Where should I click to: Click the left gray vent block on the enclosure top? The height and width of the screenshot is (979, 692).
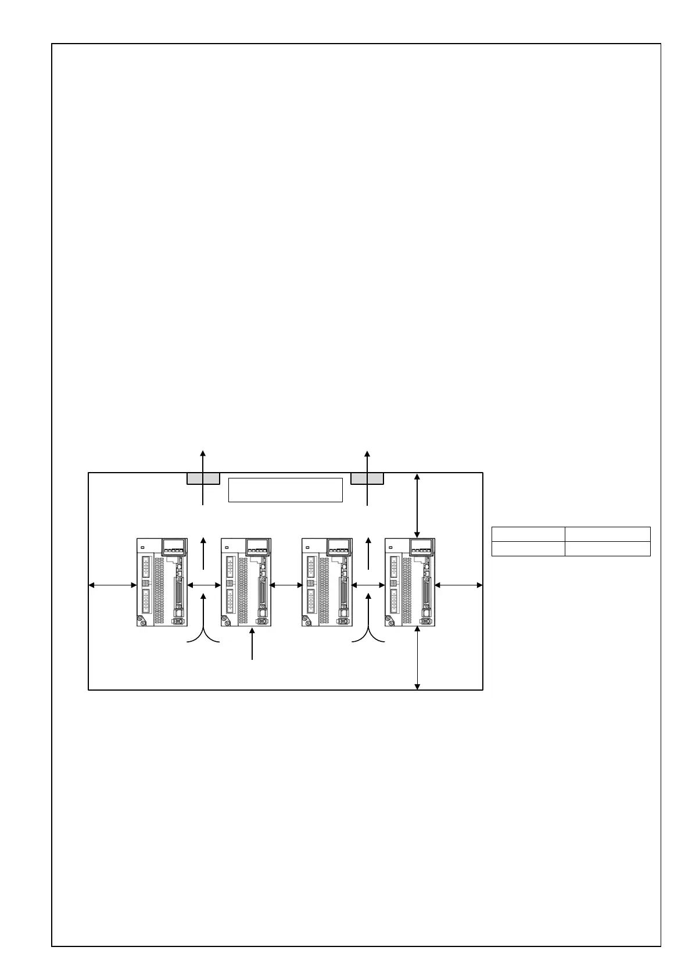click(203, 478)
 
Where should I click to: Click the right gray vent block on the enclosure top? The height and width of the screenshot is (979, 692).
click(367, 478)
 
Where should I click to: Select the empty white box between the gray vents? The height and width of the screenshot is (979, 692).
click(285, 489)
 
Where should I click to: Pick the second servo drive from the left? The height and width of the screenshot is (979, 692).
click(246, 582)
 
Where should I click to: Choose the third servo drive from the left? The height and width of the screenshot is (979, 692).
click(327, 582)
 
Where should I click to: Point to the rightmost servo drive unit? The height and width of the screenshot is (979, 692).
click(410, 582)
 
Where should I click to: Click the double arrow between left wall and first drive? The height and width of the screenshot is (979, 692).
click(113, 585)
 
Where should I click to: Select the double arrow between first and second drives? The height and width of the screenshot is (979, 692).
click(204, 585)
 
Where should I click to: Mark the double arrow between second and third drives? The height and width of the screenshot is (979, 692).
click(287, 585)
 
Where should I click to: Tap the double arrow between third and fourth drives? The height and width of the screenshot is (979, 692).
click(368, 585)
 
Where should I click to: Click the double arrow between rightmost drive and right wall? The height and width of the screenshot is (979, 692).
click(458, 585)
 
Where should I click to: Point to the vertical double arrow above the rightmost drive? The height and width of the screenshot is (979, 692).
click(417, 505)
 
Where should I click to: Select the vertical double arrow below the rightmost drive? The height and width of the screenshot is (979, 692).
click(417, 658)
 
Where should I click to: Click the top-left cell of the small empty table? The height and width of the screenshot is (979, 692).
click(528, 534)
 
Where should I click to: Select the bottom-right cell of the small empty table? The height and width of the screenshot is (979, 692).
click(607, 549)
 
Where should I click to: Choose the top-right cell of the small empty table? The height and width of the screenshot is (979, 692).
click(607, 534)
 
